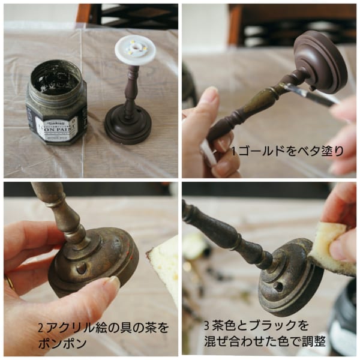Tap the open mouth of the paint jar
click(x=56, y=74)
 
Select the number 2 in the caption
click(x=40, y=328)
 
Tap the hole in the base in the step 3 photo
click(x=278, y=287)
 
